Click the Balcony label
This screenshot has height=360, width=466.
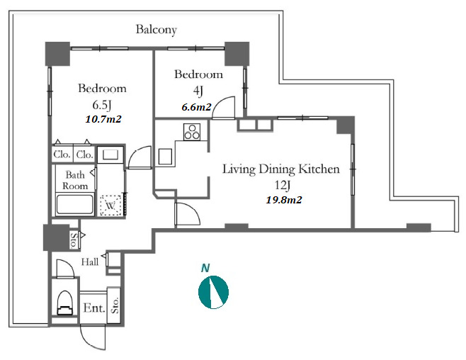[157, 30]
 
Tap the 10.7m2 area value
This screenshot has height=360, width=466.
[103, 119]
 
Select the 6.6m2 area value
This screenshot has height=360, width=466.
[196, 107]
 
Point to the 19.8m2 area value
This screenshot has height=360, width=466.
[284, 200]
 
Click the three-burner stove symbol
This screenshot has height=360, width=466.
[192, 132]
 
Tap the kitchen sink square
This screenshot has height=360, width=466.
[165, 157]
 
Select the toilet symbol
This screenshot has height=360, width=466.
[64, 303]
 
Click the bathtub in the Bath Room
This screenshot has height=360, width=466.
[75, 204]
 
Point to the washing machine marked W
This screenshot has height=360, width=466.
[110, 205]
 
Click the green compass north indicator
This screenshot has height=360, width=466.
[213, 292]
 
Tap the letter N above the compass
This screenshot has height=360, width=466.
[205, 268]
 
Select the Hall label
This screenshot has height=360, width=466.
[90, 262]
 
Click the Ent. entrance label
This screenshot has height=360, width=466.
[94, 308]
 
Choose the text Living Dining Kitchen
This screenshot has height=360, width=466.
[281, 169]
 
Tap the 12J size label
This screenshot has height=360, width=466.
[282, 186]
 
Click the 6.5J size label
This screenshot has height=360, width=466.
[102, 105]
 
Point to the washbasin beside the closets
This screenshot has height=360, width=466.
[110, 154]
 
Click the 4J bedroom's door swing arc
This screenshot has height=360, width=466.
[224, 108]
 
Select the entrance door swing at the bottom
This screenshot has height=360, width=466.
[93, 337]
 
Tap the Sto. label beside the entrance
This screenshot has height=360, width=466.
[115, 305]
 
